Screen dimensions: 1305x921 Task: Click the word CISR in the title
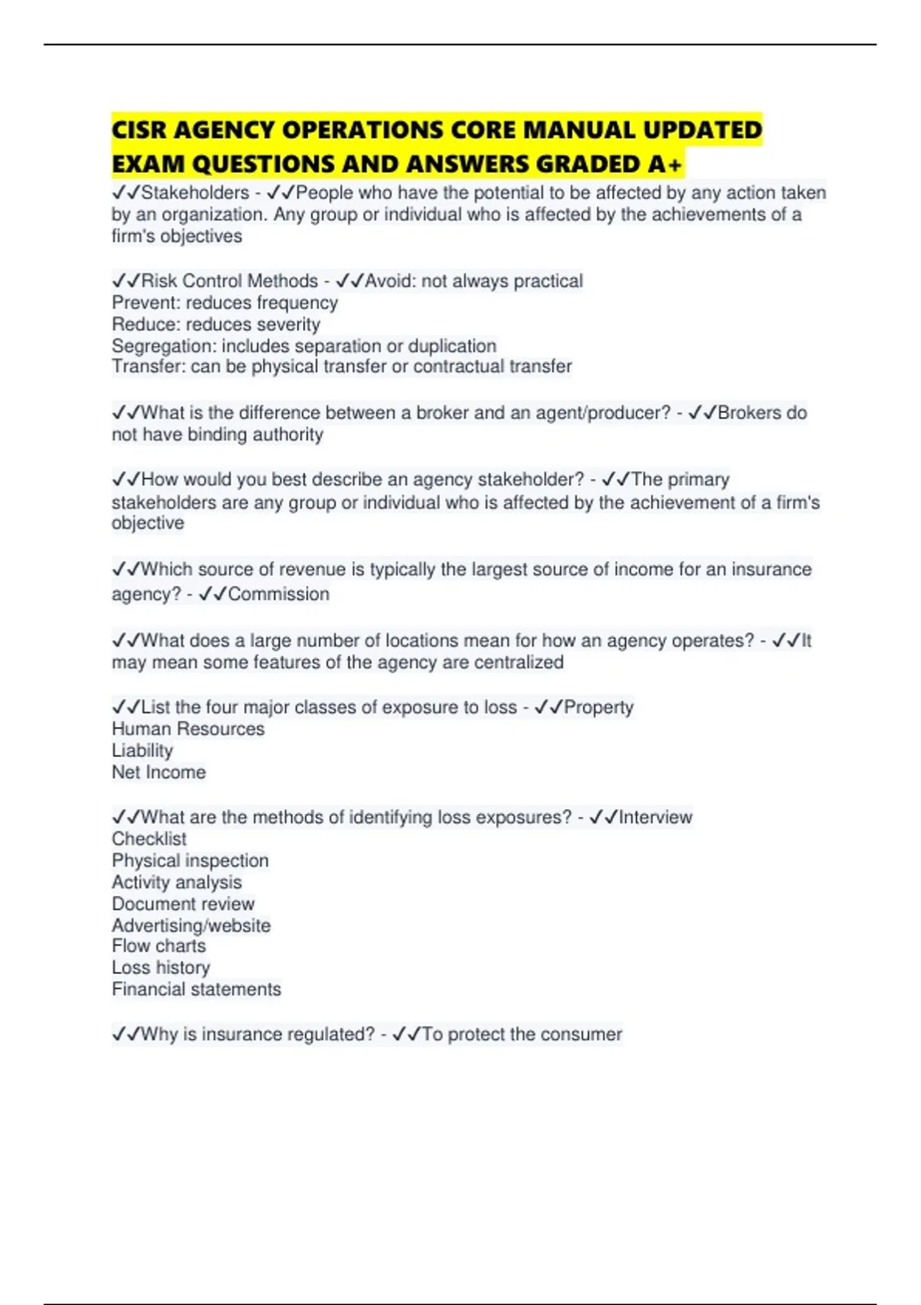click(140, 130)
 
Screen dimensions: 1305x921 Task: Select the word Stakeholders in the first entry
click(195, 193)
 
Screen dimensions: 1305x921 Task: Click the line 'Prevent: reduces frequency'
click(225, 302)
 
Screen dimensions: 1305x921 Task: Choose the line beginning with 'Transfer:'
click(342, 367)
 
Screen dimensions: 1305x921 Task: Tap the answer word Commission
click(279, 594)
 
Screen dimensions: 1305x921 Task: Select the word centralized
click(525, 662)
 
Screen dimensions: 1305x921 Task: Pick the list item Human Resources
click(188, 728)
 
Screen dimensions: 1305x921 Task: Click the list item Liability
click(143, 750)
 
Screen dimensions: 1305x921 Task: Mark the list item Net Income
click(159, 772)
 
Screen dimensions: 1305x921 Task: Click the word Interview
click(655, 818)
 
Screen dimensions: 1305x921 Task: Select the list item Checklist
click(149, 839)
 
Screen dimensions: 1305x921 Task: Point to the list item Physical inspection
click(190, 861)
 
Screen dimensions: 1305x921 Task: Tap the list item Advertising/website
click(191, 926)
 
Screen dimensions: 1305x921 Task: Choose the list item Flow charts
click(159, 947)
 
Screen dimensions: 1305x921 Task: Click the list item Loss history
click(161, 968)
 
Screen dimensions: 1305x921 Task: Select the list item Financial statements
click(196, 989)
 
